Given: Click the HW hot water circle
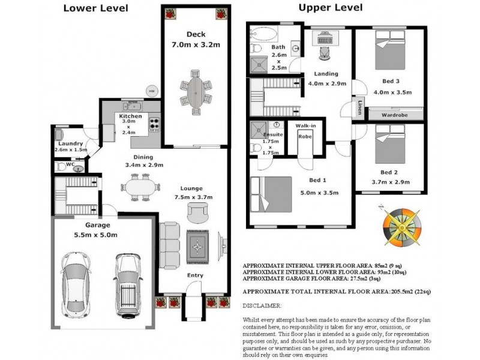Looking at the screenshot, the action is click(x=152, y=91).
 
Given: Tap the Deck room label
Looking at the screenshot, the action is click(x=196, y=34).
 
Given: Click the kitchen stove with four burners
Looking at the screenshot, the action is click(x=155, y=124).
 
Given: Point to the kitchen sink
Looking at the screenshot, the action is click(x=132, y=106).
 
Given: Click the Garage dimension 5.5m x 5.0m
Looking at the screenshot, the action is click(x=95, y=235).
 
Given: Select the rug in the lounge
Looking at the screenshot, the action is click(x=198, y=247).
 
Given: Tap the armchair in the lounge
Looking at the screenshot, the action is click(x=198, y=213).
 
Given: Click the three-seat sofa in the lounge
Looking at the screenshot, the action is click(x=169, y=245).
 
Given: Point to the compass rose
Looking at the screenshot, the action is click(x=402, y=227).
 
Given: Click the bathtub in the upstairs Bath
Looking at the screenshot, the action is click(x=264, y=34).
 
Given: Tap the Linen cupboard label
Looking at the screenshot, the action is click(x=360, y=107).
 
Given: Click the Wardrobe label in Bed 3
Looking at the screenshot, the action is click(x=395, y=115).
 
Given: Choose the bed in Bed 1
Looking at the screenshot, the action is click(x=271, y=194).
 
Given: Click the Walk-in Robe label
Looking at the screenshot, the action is click(x=305, y=131).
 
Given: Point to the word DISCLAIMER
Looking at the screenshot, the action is click(x=262, y=306).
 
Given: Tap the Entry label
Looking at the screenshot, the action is click(x=196, y=275).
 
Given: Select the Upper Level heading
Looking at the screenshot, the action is click(x=331, y=8).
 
